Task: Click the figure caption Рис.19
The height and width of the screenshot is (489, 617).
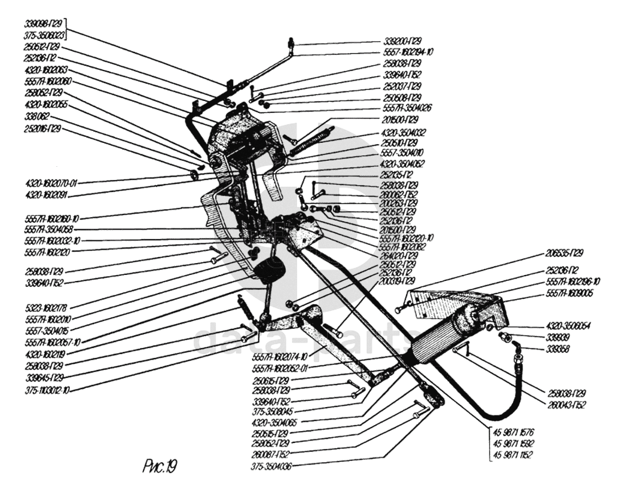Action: pos(160,464)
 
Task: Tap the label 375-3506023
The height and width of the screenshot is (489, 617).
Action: pos(44,36)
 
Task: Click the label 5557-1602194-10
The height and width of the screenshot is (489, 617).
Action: pos(408,52)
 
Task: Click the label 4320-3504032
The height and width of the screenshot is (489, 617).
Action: pos(402,132)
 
